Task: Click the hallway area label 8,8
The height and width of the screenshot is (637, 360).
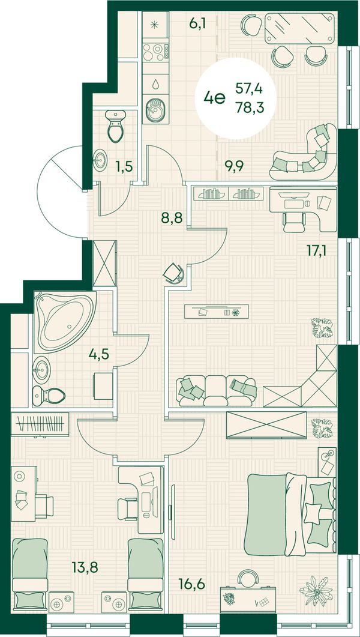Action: [172, 218]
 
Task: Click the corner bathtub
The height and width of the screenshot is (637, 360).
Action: [65, 322]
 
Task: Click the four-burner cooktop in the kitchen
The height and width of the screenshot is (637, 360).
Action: [155, 52]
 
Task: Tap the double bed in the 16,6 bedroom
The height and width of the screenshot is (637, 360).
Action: [290, 515]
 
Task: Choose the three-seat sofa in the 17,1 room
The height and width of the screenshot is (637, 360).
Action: [217, 391]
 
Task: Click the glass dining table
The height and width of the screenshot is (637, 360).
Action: [301, 28]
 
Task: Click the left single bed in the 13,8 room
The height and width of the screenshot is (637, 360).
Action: [29, 573]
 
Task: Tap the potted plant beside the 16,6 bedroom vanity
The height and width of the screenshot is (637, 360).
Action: [316, 591]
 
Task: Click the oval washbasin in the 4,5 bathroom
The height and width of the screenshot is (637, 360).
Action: [42, 370]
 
